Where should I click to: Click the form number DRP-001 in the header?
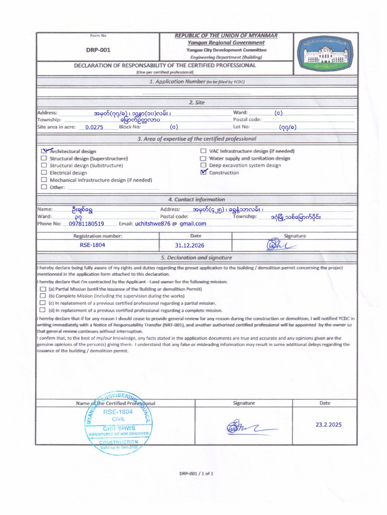coord(98,50)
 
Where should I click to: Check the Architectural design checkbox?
coord(44,151)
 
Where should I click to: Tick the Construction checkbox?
coord(203,173)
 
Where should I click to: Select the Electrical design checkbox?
coord(44,173)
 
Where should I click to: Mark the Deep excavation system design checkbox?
coord(203,165)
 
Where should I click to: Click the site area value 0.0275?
coord(94,127)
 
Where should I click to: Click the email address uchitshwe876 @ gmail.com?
coord(170,224)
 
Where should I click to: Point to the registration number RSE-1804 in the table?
coord(92,245)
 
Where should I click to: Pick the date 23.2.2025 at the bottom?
coord(328,424)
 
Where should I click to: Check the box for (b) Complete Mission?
coord(43,296)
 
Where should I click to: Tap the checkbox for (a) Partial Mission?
coord(43,289)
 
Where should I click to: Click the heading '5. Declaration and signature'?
coord(197,257)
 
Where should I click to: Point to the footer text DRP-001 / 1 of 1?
coord(197,473)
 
